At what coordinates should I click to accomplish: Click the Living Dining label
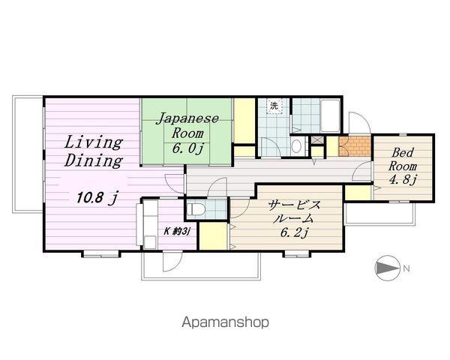tap(94, 151)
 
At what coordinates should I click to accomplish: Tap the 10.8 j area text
tap(97, 197)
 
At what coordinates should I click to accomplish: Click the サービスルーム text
tap(294, 211)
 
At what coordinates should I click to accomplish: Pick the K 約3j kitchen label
tap(177, 231)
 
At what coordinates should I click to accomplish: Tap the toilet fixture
tap(196, 209)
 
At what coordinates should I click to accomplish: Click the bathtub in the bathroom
tap(330, 115)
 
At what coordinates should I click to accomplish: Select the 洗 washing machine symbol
tap(274, 106)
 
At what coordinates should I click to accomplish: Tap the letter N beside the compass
tap(406, 268)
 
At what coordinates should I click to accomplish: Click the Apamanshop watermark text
tap(226, 322)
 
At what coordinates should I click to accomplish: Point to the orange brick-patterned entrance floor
tap(355, 146)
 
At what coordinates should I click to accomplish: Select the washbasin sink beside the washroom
tap(296, 146)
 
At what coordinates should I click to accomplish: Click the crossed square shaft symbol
tap(317, 139)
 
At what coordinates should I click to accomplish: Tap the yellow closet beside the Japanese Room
tap(244, 121)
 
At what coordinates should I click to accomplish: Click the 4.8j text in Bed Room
tap(402, 180)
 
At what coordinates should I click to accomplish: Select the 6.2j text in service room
tap(294, 232)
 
